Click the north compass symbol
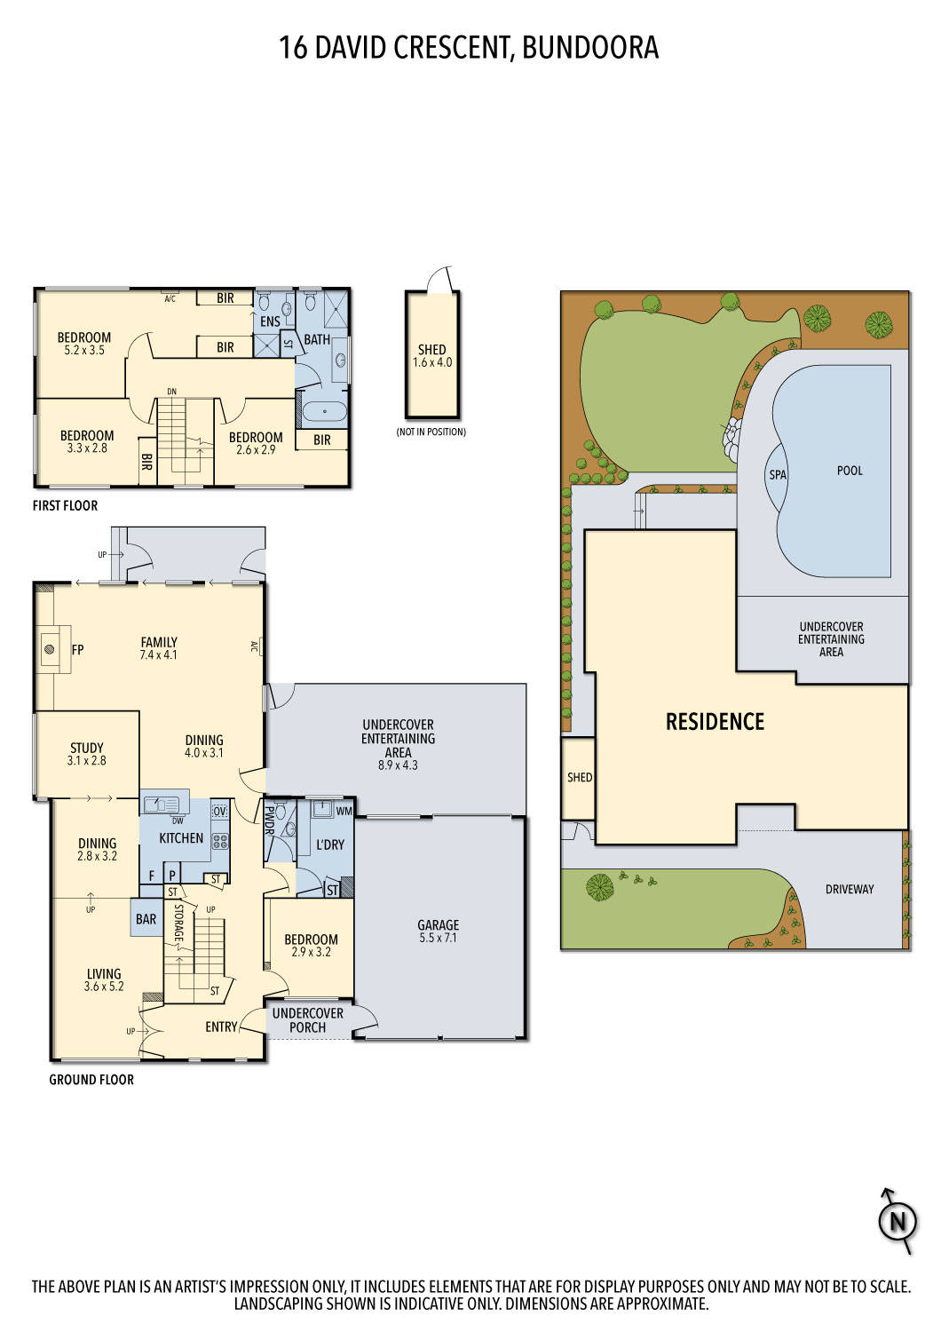[x=897, y=1222]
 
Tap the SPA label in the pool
[x=778, y=475]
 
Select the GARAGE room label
[x=439, y=925]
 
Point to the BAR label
[x=146, y=919]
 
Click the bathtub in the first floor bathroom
[x=323, y=411]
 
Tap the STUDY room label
[x=86, y=748]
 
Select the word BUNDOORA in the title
[x=590, y=47]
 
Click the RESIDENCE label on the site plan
[x=715, y=721]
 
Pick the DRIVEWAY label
[x=849, y=889]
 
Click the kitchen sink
[x=162, y=805]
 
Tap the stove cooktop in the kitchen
[x=219, y=841]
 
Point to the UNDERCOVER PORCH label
[x=307, y=1020]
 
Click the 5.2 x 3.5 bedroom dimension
[x=84, y=351]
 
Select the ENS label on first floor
[x=270, y=321]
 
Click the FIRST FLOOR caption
[x=65, y=505]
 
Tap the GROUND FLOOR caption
[x=91, y=1080]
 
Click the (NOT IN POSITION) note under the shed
[x=431, y=432]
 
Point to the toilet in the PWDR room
[x=281, y=812]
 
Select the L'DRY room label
[x=329, y=844]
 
